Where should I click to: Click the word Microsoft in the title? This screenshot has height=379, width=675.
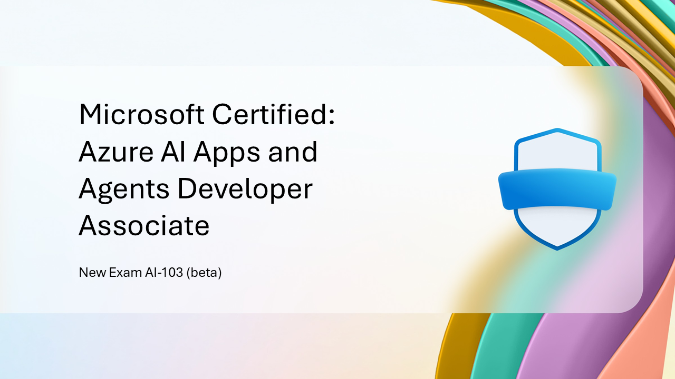[142, 114]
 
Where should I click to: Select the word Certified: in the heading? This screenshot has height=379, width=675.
[274, 114]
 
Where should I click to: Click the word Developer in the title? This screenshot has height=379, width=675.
[245, 190]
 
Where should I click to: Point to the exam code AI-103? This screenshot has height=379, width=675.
[164, 273]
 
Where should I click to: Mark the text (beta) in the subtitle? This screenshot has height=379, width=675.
[204, 273]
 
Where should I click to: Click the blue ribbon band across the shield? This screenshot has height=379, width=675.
[557, 189]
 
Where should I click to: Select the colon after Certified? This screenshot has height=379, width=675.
[332, 116]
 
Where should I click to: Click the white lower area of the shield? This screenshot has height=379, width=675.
[557, 225]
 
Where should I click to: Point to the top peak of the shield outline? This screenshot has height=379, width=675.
[557, 129]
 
